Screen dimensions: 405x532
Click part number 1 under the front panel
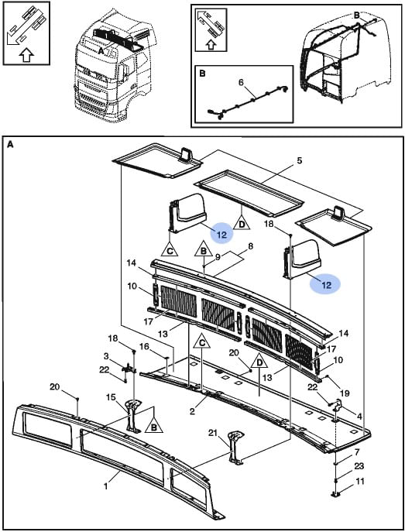tap(106, 486)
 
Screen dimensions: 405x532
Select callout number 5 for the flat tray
tap(299, 160)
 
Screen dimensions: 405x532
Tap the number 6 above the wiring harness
tap(241, 82)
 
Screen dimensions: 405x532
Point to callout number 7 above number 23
tap(356, 452)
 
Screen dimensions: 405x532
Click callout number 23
tap(359, 466)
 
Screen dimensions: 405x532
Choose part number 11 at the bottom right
tap(360, 481)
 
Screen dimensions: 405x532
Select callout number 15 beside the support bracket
tap(111, 397)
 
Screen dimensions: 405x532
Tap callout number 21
tap(213, 433)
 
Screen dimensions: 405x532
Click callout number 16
tap(144, 346)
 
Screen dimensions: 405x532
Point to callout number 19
tap(345, 393)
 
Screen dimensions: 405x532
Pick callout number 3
tap(106, 356)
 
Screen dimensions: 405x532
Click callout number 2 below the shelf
tap(192, 411)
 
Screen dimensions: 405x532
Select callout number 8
tap(250, 246)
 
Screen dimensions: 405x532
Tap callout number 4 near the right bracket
tap(359, 416)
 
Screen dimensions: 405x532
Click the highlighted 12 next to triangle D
tap(221, 234)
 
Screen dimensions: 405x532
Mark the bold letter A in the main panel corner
tap(10, 145)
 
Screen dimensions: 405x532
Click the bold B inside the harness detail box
tap(202, 74)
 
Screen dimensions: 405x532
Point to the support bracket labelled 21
tap(235, 448)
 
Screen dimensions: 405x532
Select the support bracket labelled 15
tap(134, 416)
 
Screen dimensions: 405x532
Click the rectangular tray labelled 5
tap(249, 194)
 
